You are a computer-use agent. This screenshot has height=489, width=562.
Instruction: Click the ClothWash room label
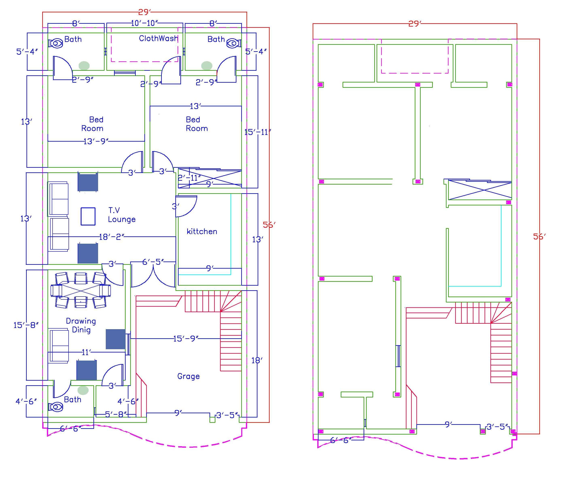coord(158,38)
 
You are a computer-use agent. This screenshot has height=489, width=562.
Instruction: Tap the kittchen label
coord(202,232)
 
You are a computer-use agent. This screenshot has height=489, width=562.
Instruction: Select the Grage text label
coord(188,376)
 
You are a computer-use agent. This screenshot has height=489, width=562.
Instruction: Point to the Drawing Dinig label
coord(81,325)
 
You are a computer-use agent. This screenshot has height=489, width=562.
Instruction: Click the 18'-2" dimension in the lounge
coord(111,237)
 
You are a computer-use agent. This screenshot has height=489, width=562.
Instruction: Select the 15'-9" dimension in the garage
coord(185,339)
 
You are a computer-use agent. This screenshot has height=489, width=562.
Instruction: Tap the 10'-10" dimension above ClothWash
coord(144,23)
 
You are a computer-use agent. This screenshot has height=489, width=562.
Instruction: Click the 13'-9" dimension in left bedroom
coord(96,141)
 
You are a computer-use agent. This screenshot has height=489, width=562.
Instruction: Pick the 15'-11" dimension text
coord(257,132)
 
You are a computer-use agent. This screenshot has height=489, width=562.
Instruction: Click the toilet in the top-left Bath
coord(56,43)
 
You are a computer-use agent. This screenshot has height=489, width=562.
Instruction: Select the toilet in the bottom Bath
coord(56,407)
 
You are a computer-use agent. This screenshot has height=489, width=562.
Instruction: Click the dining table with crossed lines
coord(81,290)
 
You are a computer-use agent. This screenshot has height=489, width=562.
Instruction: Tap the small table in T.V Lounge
coord(88,216)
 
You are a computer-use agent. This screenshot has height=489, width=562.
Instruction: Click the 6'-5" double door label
coord(153,262)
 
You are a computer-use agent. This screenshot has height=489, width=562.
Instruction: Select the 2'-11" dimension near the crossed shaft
coord(189,178)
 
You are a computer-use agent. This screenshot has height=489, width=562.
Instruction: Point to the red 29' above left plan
coord(144,12)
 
